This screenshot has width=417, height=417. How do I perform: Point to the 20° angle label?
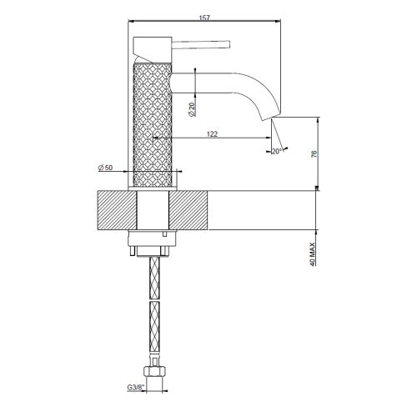[x=276, y=151]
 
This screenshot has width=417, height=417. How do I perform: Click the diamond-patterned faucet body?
[x=153, y=117]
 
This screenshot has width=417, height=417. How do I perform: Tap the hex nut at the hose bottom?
[x=153, y=374]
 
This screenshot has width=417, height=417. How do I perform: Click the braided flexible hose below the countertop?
[x=153, y=309]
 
